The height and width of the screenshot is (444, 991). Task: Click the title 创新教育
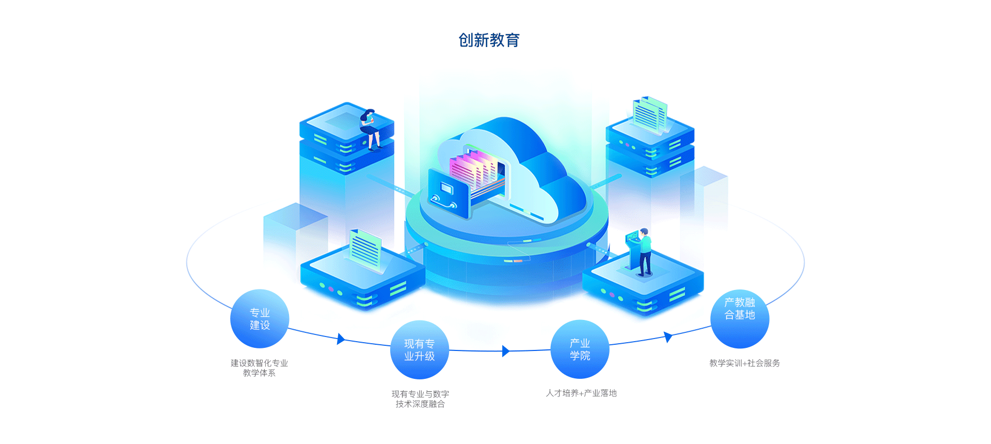pos(489,40)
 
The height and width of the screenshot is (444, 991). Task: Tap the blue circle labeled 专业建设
pos(260,319)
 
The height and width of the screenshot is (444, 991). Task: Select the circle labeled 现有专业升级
pos(419,350)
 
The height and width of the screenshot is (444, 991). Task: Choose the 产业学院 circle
pos(580,349)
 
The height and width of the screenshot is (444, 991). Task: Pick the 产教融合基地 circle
pos(740,319)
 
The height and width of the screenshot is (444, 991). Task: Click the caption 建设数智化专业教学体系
pos(259,368)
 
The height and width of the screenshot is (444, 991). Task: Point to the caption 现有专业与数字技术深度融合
pos(420,399)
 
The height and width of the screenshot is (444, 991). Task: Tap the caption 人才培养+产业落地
pos(581,393)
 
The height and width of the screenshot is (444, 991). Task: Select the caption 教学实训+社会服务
pos(744,363)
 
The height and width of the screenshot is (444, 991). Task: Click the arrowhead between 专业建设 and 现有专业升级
pos(340,339)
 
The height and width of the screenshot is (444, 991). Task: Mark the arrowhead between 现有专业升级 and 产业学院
pos(506,351)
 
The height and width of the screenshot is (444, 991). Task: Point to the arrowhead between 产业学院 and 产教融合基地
pos(668,337)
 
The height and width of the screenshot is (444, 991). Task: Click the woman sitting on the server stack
pos(370,128)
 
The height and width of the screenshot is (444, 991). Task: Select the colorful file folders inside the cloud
pos(474,170)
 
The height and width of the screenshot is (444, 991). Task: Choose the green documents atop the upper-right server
pos(650,114)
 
